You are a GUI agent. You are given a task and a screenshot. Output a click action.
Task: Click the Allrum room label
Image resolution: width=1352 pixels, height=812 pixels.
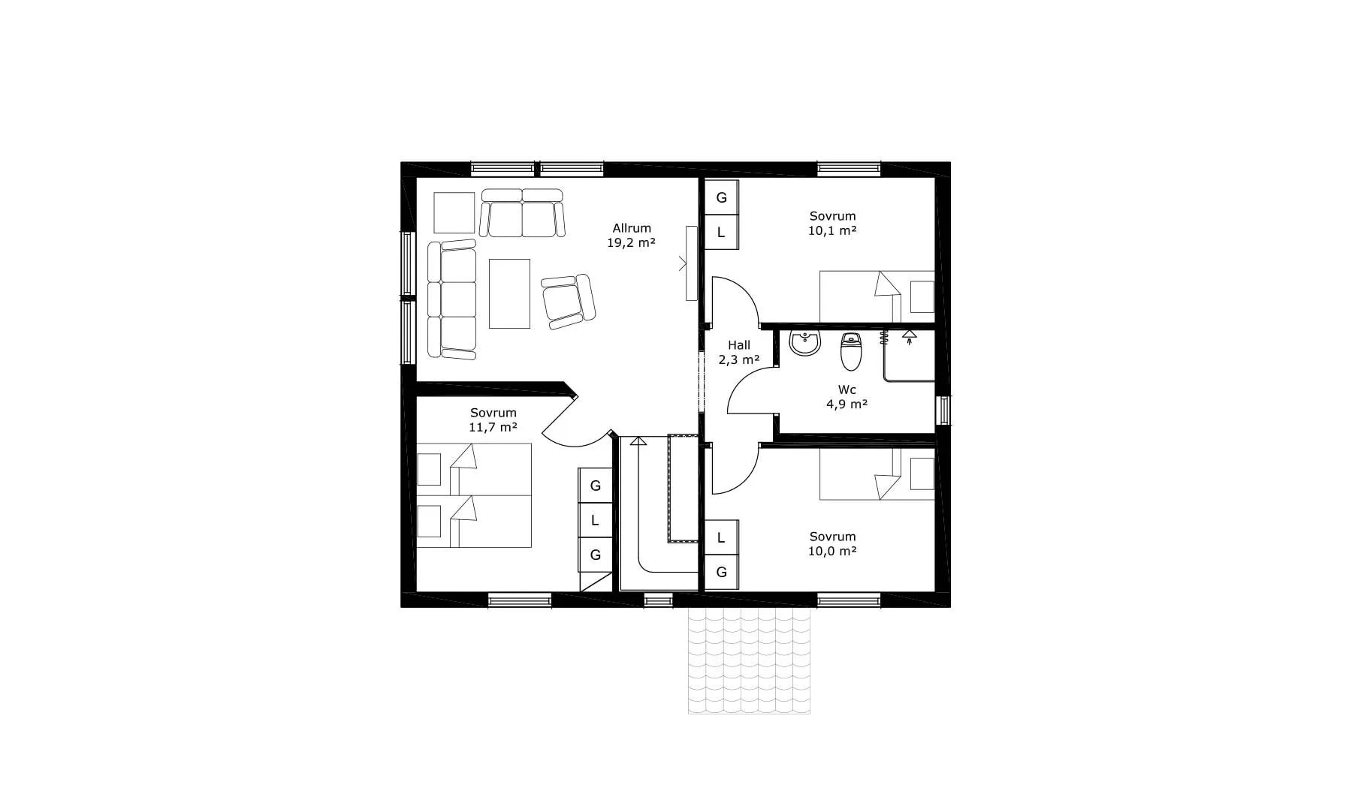pos(632,228)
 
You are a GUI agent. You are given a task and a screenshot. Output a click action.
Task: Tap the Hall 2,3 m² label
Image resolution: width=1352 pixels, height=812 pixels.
pos(739,353)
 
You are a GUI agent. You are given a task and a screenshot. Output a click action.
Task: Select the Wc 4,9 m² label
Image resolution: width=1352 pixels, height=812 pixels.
pos(847,397)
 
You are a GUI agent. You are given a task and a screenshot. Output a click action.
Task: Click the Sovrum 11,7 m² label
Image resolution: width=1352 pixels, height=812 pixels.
pos(493,420)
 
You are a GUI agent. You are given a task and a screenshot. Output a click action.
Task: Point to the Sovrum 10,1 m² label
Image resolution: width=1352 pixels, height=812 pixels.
pos(833,224)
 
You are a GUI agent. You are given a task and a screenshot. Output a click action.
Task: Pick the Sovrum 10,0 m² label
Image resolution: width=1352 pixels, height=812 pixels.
pos(833,544)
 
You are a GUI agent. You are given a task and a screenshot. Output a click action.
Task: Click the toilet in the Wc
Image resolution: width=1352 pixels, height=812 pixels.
pos(850,352)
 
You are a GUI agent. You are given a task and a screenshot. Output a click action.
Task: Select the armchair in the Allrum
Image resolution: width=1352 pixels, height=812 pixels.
pos(569,301)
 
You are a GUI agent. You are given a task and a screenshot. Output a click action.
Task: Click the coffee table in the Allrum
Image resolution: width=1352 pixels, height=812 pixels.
pos(509,293)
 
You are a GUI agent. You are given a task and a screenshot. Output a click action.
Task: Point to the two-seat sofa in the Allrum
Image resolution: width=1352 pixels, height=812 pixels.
pos(522,212)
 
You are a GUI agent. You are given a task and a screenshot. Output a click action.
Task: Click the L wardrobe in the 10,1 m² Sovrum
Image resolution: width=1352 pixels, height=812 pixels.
pos(721,233)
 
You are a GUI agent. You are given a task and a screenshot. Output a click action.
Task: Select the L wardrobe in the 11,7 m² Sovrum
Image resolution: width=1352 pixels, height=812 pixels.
pos(595,520)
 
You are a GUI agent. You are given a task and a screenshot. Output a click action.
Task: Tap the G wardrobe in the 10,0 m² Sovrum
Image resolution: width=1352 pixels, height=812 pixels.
pos(721,573)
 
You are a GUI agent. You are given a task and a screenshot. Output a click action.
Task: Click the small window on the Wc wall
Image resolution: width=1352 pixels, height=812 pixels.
pos(943,411)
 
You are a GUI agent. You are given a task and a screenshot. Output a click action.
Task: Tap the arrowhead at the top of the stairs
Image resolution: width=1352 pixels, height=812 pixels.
pos(638,441)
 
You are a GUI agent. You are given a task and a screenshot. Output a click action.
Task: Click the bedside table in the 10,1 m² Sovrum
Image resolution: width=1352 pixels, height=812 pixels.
pos(922,296)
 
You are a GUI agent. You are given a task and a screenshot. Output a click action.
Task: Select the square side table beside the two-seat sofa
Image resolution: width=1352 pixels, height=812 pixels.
pos(454,213)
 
